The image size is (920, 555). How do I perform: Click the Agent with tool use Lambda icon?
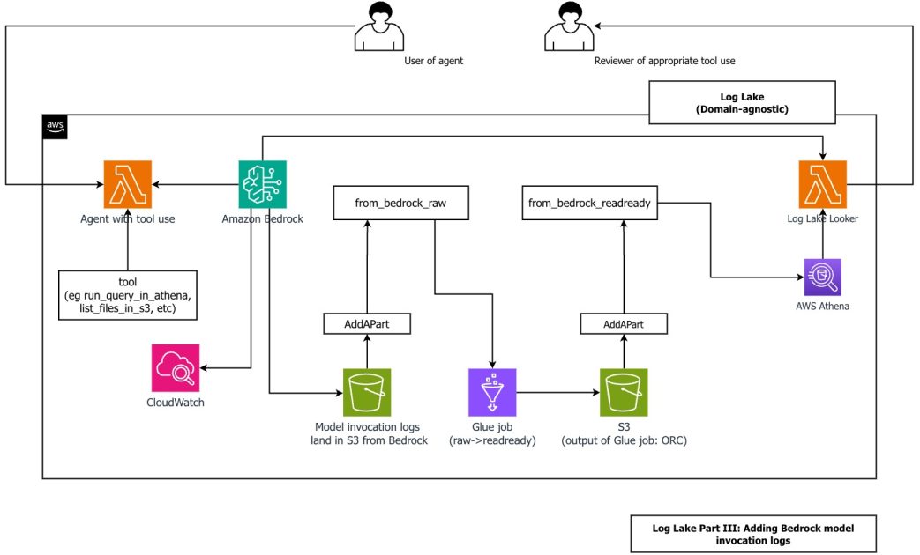tap(128, 184)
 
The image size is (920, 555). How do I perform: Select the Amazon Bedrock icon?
tap(263, 184)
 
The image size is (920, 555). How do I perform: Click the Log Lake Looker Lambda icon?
tap(821, 184)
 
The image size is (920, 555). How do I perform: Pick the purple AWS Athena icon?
tap(822, 277)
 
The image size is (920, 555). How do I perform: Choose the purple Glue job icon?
tap(492, 392)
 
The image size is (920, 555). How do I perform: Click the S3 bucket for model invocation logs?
tap(367, 392)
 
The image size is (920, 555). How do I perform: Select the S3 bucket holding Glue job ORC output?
tap(624, 392)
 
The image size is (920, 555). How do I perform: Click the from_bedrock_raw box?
tap(400, 203)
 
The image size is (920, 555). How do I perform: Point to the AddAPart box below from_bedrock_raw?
tap(367, 324)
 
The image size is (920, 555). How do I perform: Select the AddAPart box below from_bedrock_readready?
tap(624, 324)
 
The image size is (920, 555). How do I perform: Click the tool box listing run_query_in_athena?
tap(128, 293)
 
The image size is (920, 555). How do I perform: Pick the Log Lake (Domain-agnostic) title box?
tap(741, 102)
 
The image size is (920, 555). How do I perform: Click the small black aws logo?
tap(55, 127)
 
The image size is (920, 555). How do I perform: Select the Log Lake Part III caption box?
tap(752, 534)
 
